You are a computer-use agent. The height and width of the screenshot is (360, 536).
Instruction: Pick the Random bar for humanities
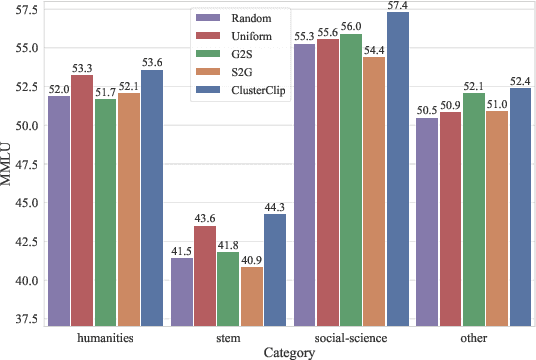pyautogui.click(x=59, y=210)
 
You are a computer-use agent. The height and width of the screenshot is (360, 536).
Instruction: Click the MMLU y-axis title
pyautogui.click(x=8, y=164)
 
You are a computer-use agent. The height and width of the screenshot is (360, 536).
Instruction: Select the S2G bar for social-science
pyautogui.click(x=375, y=191)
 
